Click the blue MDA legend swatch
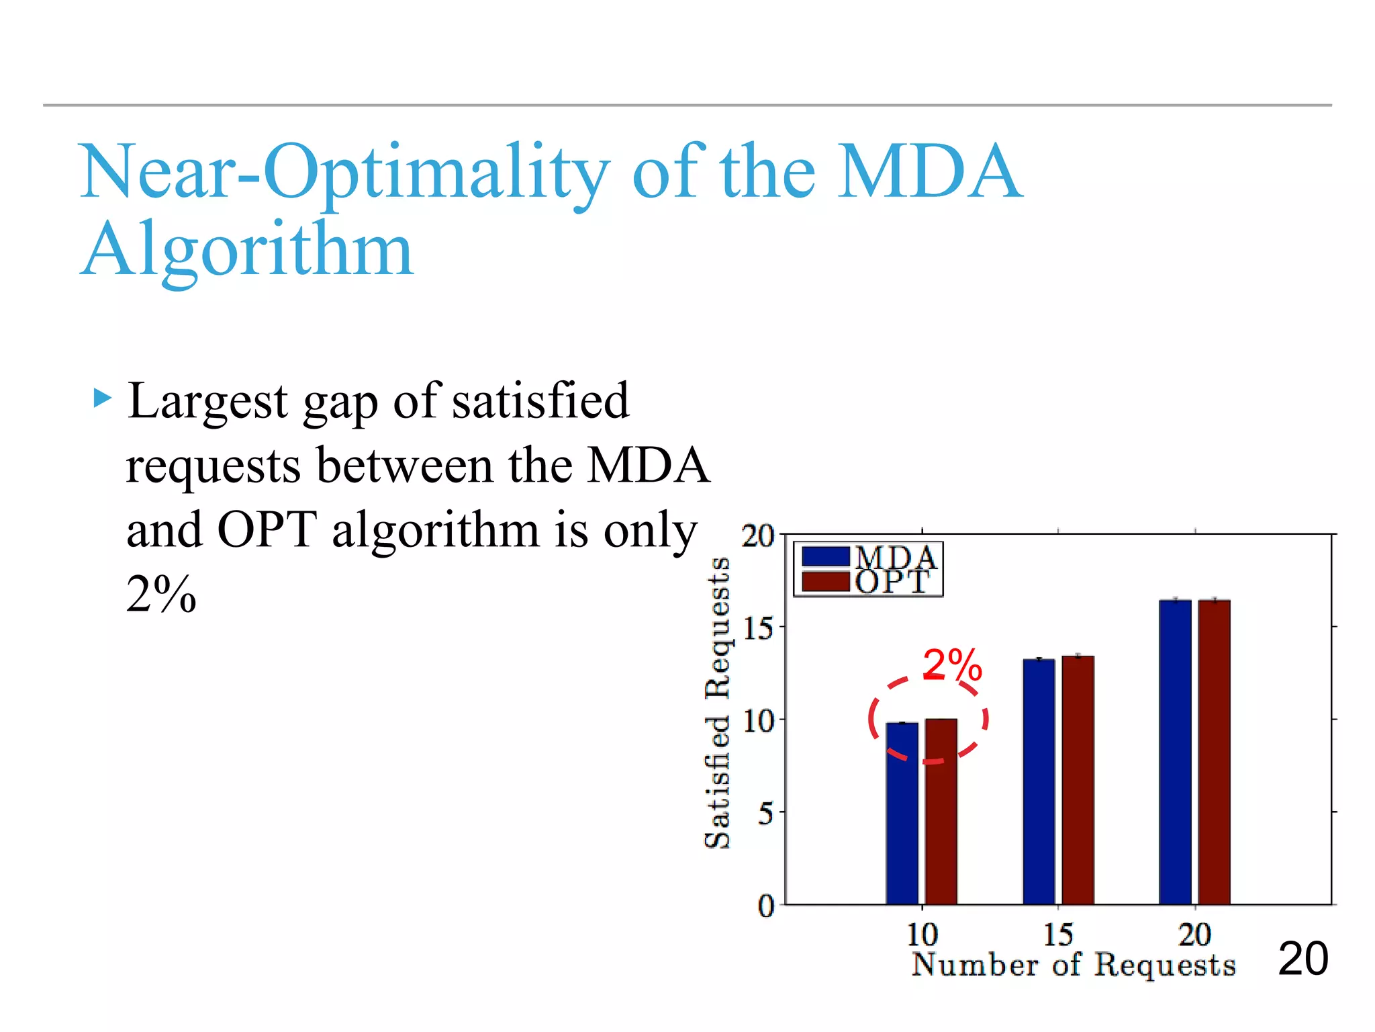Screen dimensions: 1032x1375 pos(825,557)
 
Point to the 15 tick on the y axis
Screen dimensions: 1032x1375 pos(759,629)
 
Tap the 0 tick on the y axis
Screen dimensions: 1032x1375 pos(766,906)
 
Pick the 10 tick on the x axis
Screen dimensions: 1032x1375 pos(922,935)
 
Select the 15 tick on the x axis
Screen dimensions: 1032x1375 pos(1058,935)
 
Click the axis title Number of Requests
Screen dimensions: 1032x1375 pos(1073,965)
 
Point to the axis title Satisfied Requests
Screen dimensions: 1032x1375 pos(717,703)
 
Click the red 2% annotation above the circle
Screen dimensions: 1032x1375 pos(952,665)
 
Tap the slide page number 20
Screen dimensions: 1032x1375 pos(1302,959)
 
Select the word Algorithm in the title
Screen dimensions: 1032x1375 pos(246,250)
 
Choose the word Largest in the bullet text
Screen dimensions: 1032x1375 pos(208,401)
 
